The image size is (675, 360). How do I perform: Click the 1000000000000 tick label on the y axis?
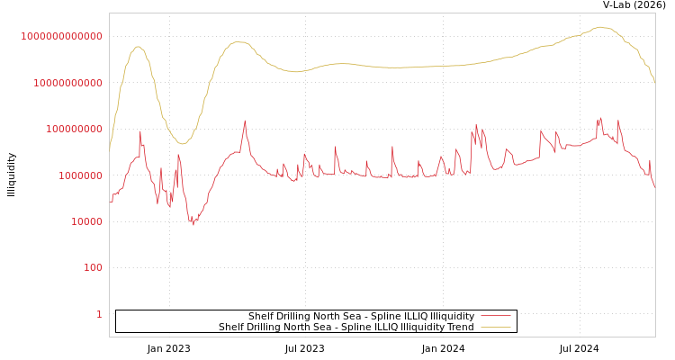pyautogui.click(x=62, y=36)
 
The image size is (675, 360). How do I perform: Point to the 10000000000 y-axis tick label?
pyautogui.click(x=67, y=83)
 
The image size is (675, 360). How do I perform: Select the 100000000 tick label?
pyautogui.click(x=73, y=130)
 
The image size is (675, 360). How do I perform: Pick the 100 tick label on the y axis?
pyautogui.click(x=94, y=268)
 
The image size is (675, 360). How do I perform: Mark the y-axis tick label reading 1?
pyautogui.click(x=99, y=314)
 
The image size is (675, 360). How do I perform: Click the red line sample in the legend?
pyautogui.click(x=496, y=316)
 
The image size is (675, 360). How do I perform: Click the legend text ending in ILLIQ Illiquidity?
pyautogui.click(x=361, y=316)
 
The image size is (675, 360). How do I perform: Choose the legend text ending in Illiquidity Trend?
pyautogui.click(x=346, y=328)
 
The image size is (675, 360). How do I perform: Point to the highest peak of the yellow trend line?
pyautogui.click(x=600, y=27)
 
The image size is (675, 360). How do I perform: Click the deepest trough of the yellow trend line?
pyautogui.click(x=182, y=144)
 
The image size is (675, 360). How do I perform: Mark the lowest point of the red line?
pyautogui.click(x=193, y=224)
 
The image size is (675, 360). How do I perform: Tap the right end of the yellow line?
pyautogui.click(x=655, y=84)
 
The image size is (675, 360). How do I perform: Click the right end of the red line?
pyautogui.click(x=655, y=187)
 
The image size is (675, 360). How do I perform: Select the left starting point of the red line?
pyautogui.click(x=110, y=202)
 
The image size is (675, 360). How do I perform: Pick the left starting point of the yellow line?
pyautogui.click(x=110, y=149)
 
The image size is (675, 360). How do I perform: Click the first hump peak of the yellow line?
pyautogui.click(x=138, y=47)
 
